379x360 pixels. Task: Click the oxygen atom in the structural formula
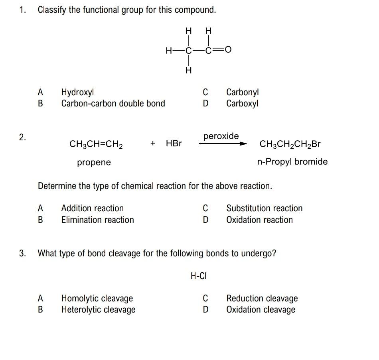[228, 50]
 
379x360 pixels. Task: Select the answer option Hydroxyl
[77, 92]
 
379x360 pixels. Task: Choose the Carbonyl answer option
[243, 92]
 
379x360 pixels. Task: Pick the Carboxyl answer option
[242, 104]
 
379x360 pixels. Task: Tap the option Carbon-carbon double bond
[113, 104]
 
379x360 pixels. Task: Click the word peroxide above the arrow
[221, 136]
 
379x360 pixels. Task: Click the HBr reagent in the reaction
[174, 144]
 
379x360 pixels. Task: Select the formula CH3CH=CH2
[96, 144]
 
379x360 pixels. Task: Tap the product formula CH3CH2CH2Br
[290, 144]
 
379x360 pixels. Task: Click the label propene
[94, 162]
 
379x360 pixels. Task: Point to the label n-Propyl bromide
[292, 162]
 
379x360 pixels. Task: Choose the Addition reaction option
[92, 208]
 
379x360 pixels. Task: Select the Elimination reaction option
[97, 220]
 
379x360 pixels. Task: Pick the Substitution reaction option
[264, 208]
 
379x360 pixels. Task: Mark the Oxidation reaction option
[259, 220]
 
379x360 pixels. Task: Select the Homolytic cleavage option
[97, 298]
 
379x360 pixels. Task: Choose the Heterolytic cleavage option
[98, 310]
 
